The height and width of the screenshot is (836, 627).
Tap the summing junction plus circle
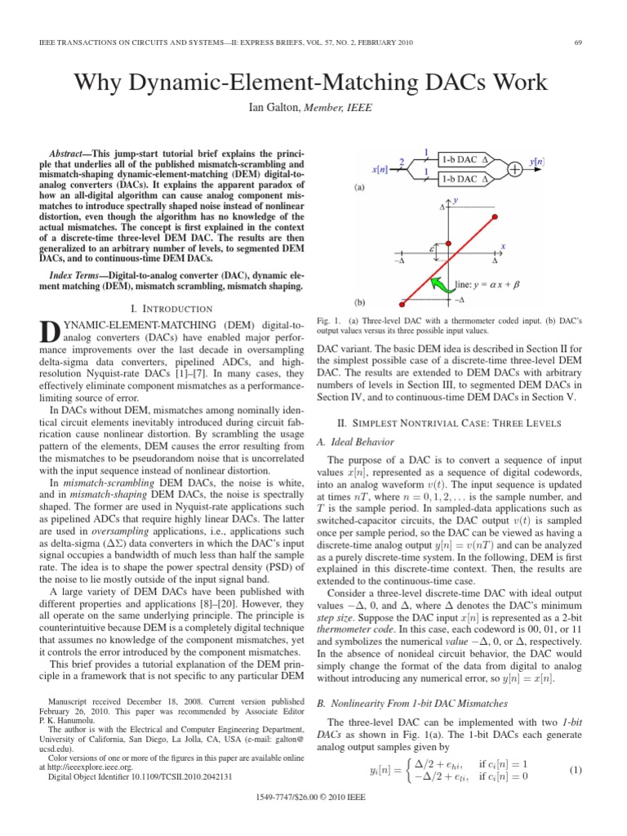click(x=515, y=168)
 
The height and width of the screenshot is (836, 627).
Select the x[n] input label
click(x=380, y=169)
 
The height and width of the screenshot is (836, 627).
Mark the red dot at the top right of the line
click(x=493, y=209)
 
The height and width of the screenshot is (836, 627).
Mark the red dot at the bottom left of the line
click(x=402, y=300)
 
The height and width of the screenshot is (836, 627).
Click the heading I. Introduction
click(x=172, y=309)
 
